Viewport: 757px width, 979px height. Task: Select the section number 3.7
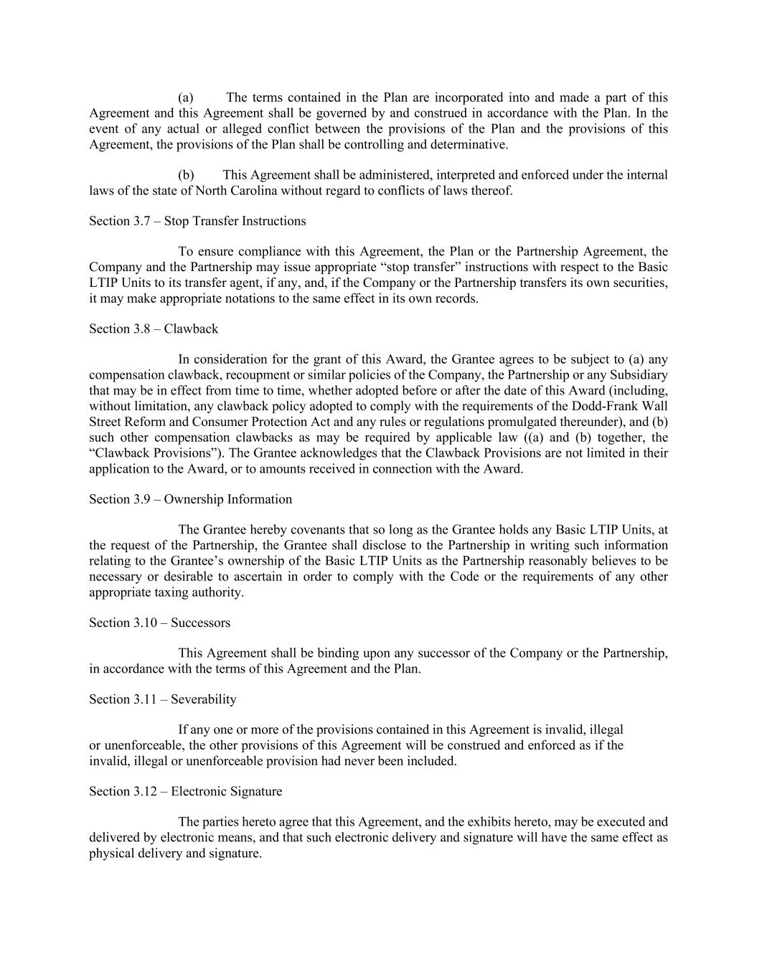[x=141, y=221]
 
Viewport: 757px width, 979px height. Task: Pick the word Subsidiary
[x=638, y=375]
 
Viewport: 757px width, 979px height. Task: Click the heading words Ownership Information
[x=228, y=499]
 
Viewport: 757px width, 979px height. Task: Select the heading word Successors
[x=200, y=623]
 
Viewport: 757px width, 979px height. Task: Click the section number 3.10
[x=144, y=623]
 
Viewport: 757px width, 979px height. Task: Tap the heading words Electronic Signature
[x=226, y=792]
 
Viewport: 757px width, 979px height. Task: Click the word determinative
[x=469, y=144]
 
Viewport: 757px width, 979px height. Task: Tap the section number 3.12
[x=144, y=792]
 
